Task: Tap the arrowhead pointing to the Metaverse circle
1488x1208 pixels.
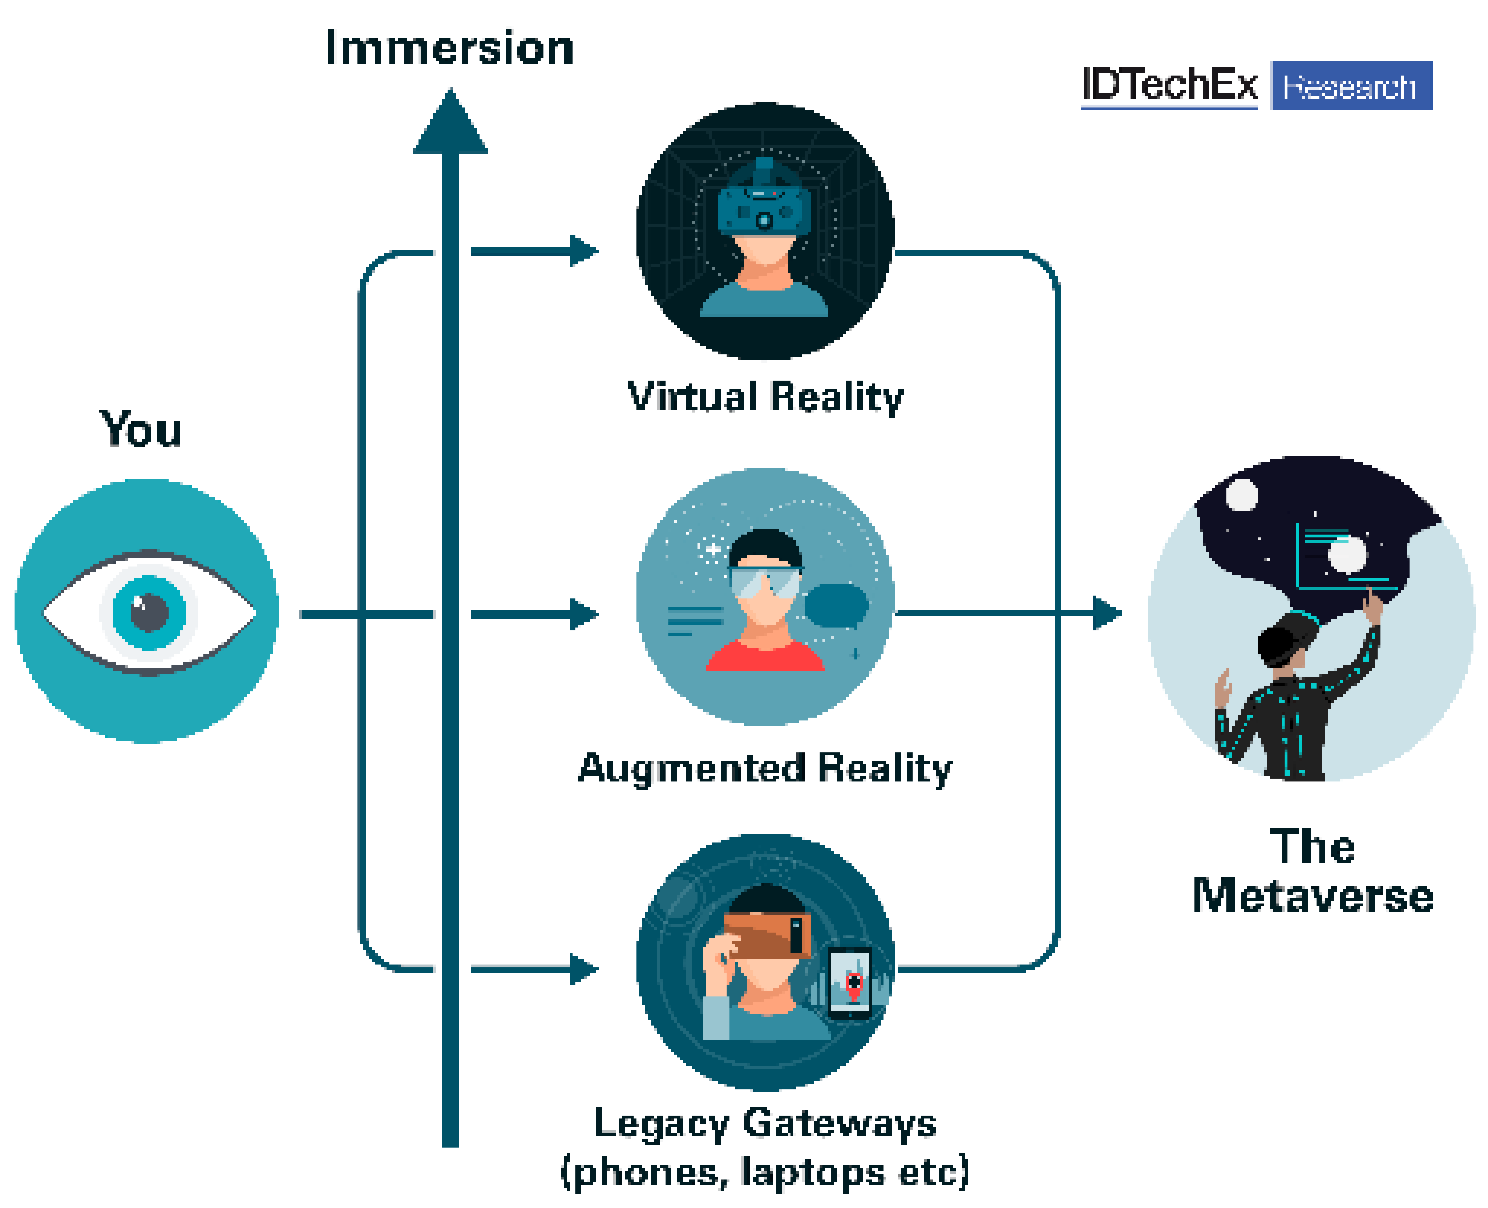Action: click(x=1107, y=613)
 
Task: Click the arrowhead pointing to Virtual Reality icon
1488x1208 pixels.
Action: click(x=583, y=251)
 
